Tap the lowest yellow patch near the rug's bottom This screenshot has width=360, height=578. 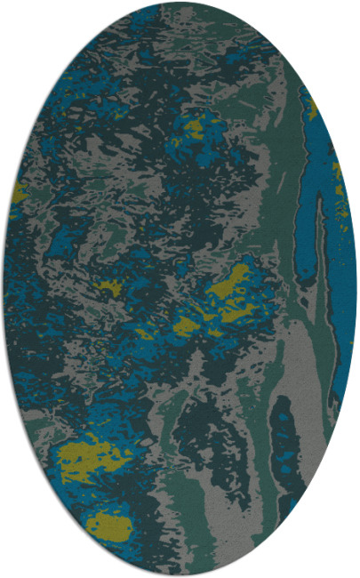(108, 527)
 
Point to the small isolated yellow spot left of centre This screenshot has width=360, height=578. (109, 287)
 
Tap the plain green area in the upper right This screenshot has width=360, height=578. (258, 89)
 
